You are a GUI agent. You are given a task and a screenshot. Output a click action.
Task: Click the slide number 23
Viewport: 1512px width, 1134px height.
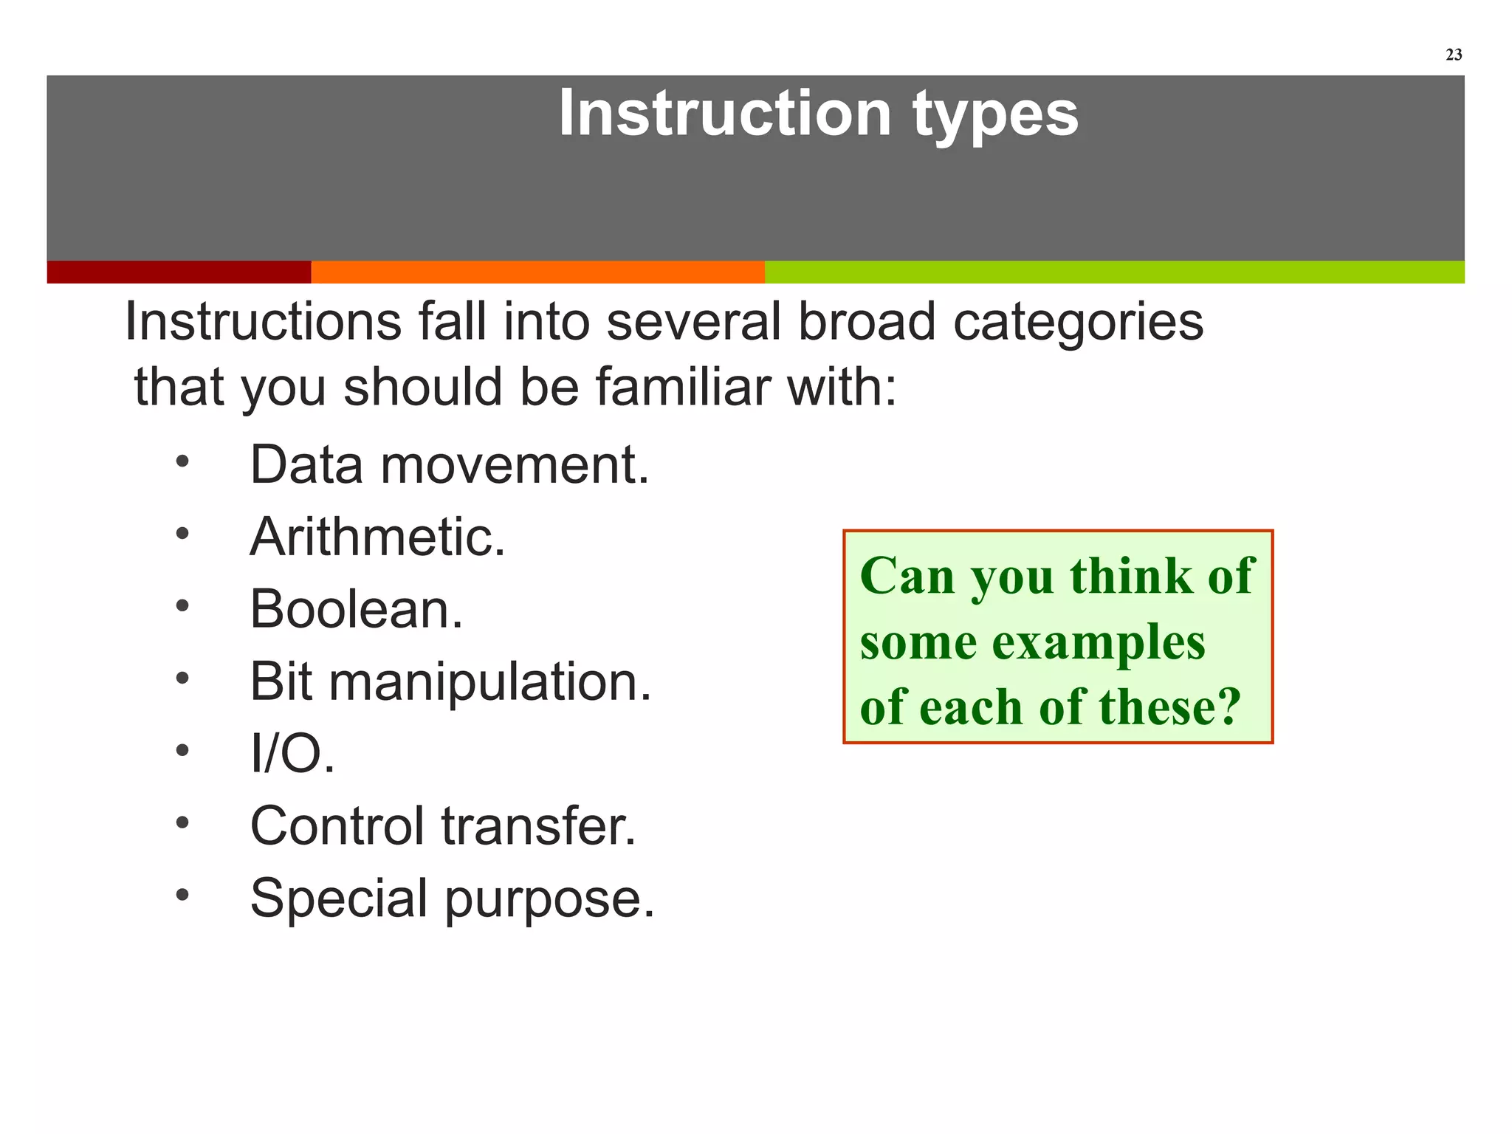pyautogui.click(x=1453, y=55)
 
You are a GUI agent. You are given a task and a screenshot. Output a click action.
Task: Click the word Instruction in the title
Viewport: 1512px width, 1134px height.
pyautogui.click(x=724, y=114)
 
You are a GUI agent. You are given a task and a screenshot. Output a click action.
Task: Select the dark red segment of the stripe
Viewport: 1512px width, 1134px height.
pyautogui.click(x=179, y=272)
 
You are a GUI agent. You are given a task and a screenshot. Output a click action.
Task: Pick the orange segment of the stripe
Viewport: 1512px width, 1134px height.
pyautogui.click(x=537, y=272)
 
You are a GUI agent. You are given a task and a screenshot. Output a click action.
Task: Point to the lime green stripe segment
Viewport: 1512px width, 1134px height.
pyautogui.click(x=1114, y=272)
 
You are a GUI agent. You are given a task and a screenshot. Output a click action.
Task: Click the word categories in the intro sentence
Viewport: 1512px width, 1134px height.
pyautogui.click(x=1078, y=323)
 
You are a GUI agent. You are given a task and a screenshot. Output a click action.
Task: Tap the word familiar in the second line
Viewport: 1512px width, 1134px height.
pyautogui.click(x=682, y=387)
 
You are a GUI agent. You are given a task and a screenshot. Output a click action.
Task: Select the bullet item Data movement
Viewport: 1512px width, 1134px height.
pyautogui.click(x=449, y=465)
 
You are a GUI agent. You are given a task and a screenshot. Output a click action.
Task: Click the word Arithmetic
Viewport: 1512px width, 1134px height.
pyautogui.click(x=377, y=537)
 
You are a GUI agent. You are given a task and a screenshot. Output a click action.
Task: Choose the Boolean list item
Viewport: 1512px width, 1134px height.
pyautogui.click(x=356, y=609)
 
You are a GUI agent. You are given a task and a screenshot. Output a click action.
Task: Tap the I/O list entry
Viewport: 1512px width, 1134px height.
pyautogui.click(x=292, y=754)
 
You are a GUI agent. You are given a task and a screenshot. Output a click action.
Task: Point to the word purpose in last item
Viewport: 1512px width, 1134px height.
pyautogui.click(x=549, y=898)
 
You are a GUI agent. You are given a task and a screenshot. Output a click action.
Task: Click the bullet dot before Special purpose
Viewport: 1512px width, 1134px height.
pyautogui.click(x=182, y=895)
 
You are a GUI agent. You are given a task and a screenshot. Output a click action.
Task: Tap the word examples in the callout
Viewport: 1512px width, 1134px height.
pyautogui.click(x=1098, y=642)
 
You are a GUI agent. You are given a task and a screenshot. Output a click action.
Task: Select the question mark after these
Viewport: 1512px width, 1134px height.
pyautogui.click(x=1228, y=707)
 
